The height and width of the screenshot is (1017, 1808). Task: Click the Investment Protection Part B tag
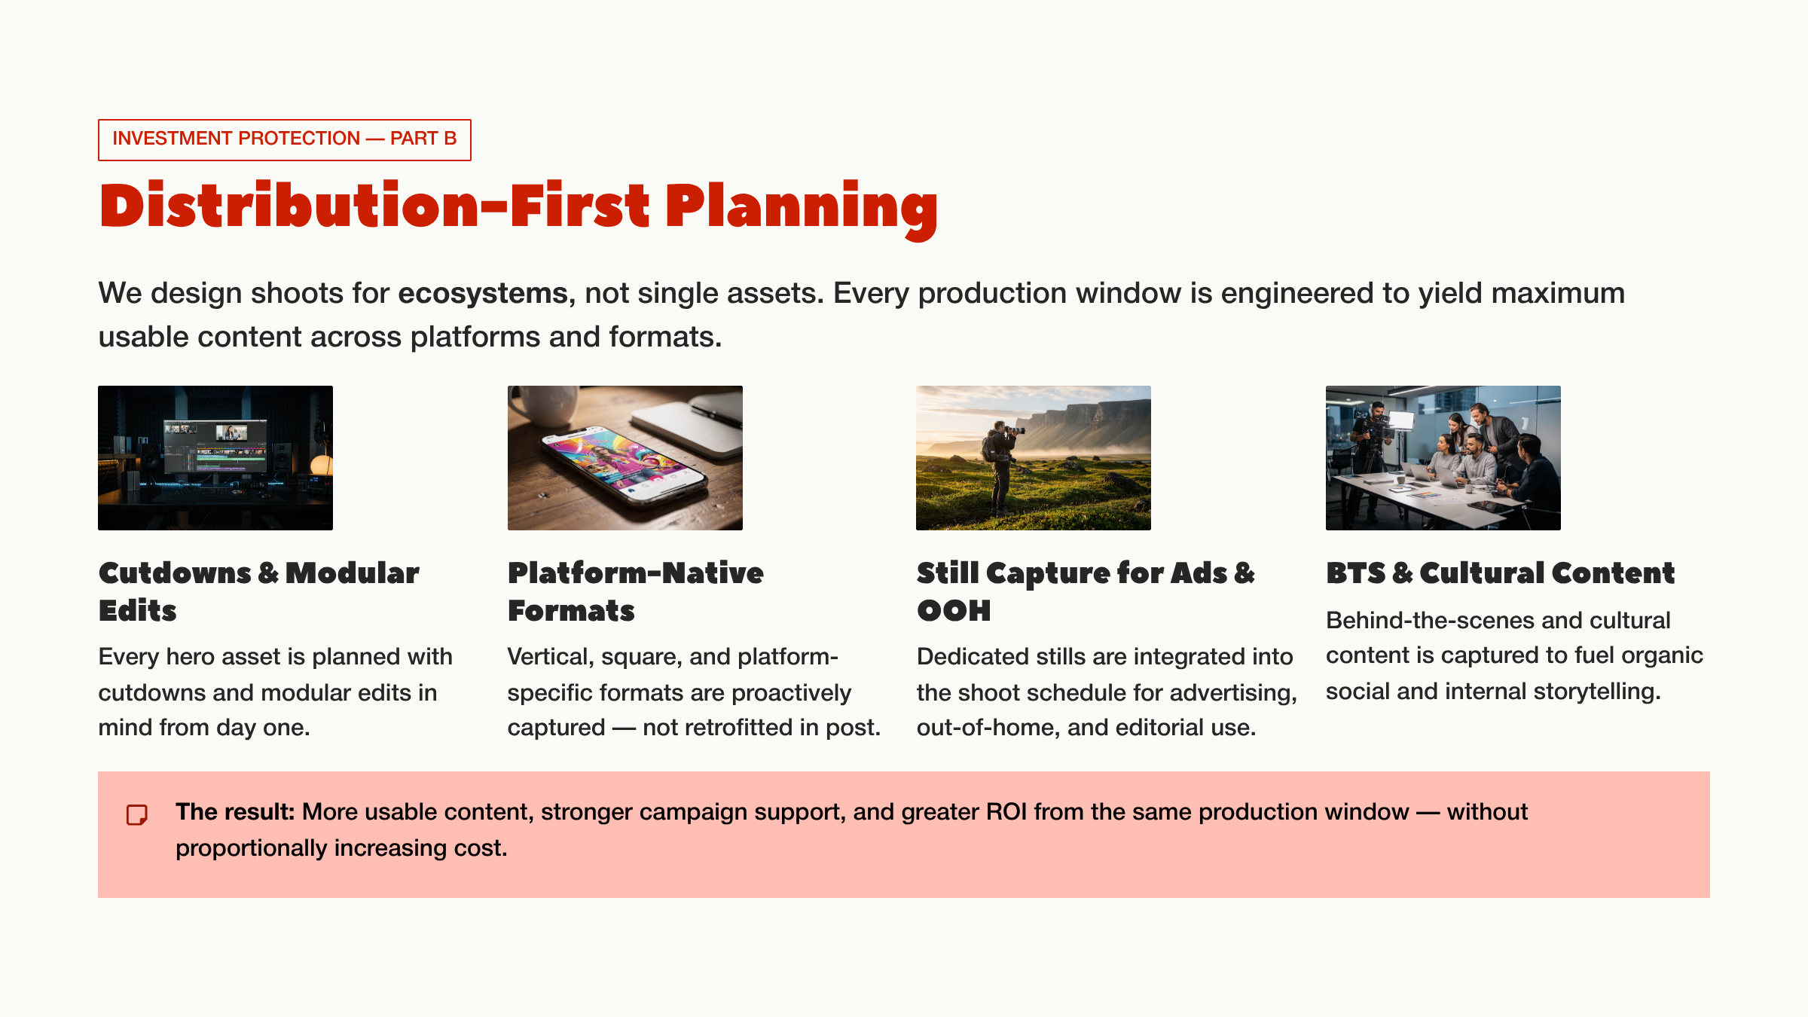(284, 139)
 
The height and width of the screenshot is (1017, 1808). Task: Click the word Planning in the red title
(801, 207)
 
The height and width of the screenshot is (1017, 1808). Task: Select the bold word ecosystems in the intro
(482, 293)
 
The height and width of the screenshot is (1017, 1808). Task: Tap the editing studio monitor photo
(215, 457)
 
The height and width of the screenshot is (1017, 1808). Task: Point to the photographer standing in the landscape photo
(1002, 467)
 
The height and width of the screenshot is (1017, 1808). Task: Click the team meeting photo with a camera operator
(1443, 457)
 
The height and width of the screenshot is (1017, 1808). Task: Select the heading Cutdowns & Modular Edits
(258, 591)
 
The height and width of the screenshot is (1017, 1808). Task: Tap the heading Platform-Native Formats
(635, 591)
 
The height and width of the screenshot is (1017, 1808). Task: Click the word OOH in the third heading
(954, 611)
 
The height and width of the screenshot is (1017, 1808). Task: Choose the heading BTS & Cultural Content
(1500, 573)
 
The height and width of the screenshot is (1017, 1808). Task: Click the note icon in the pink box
(137, 814)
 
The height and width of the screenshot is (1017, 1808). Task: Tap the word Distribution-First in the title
(374, 207)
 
